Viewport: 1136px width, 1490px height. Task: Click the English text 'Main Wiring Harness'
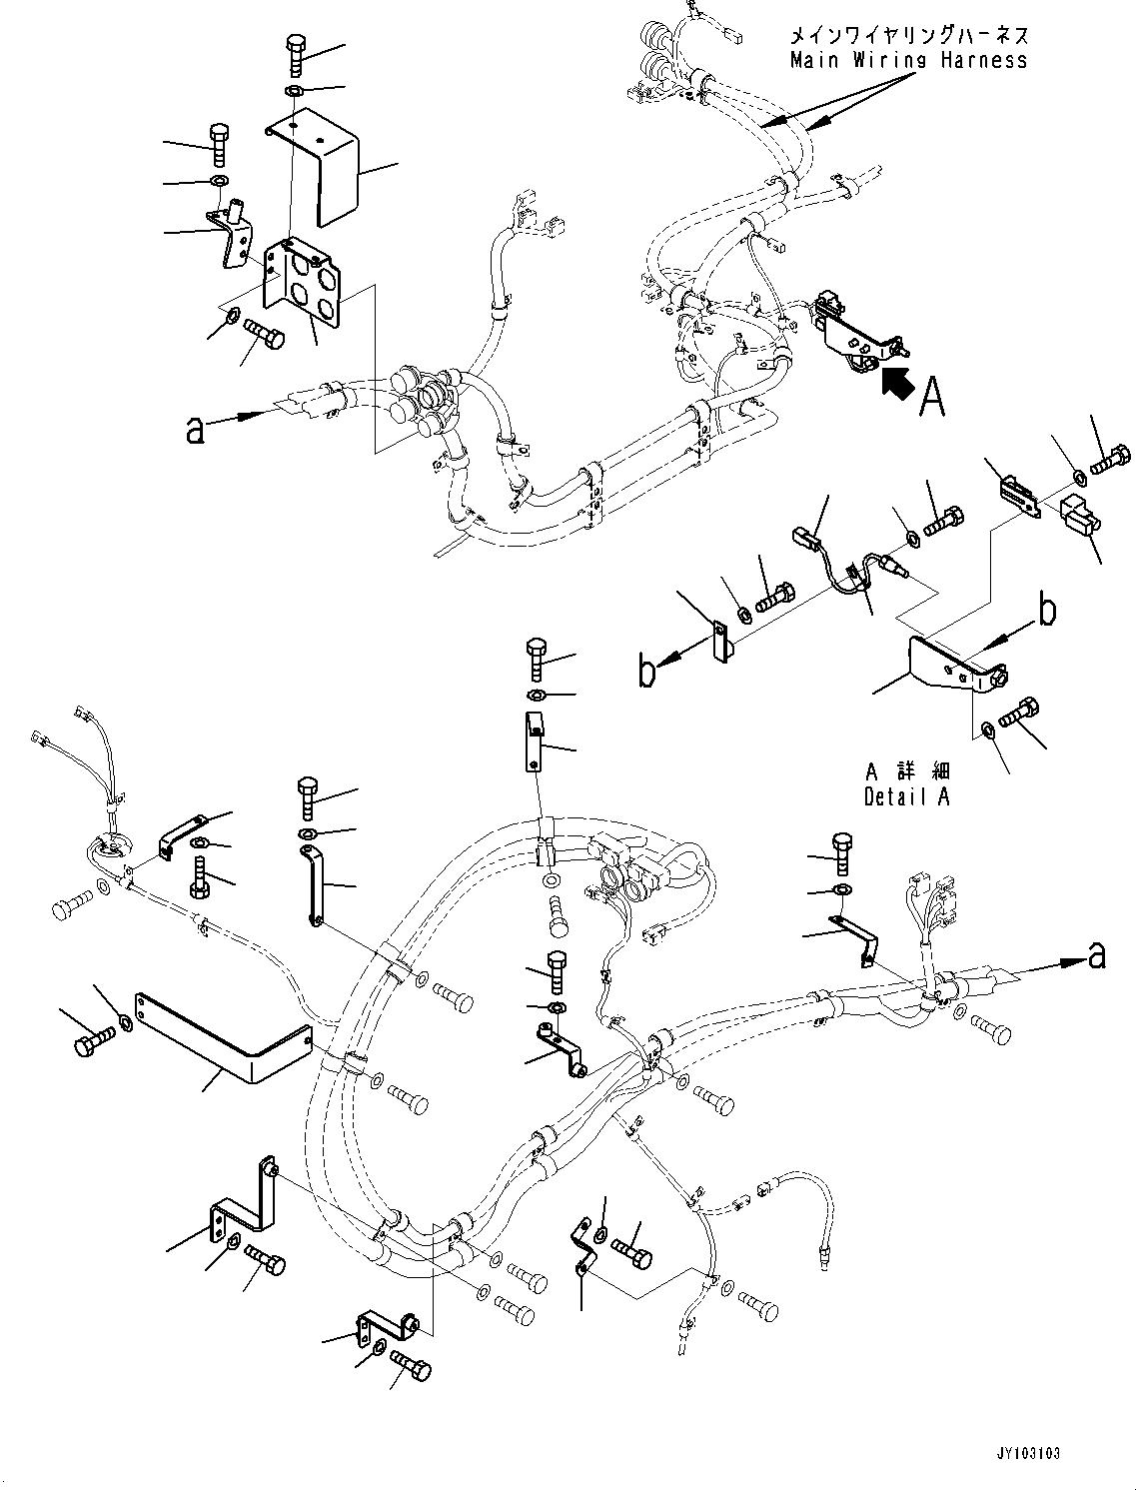coord(908,60)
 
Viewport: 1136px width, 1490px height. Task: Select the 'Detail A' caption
coord(907,796)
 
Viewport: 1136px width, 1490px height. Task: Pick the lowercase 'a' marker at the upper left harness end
coord(195,430)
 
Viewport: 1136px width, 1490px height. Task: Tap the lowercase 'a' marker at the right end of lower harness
coord(1097,955)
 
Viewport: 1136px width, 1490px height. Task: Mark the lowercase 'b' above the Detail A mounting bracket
coord(1046,610)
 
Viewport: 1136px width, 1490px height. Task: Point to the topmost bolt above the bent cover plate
coord(298,54)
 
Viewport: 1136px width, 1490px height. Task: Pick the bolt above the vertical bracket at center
coord(536,661)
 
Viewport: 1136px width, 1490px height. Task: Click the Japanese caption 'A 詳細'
coord(907,771)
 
